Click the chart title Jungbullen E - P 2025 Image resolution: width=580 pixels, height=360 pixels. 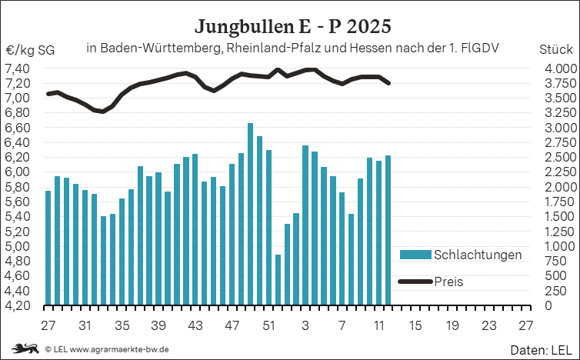(x=292, y=26)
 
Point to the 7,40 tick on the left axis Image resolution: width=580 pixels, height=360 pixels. (x=18, y=68)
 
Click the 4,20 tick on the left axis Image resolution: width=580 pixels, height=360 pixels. (x=18, y=305)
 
